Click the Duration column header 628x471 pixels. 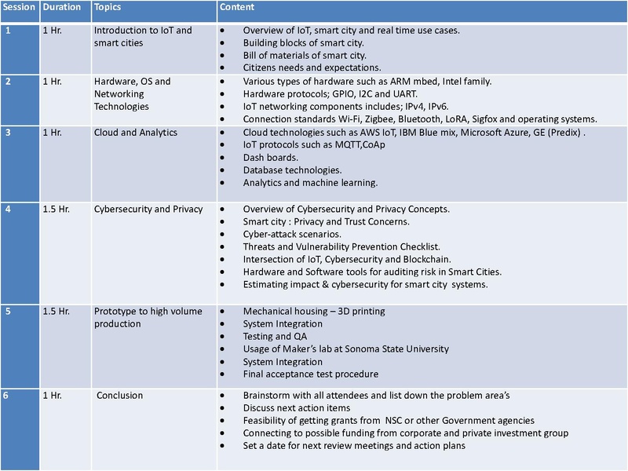point(62,6)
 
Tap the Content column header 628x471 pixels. point(236,6)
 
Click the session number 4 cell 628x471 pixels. point(7,209)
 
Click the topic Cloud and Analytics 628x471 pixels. point(135,132)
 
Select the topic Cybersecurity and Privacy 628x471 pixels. point(148,209)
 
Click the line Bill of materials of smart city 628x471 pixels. point(305,55)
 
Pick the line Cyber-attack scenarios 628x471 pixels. point(292,234)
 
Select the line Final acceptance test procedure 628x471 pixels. point(311,374)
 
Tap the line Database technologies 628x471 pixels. point(292,170)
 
